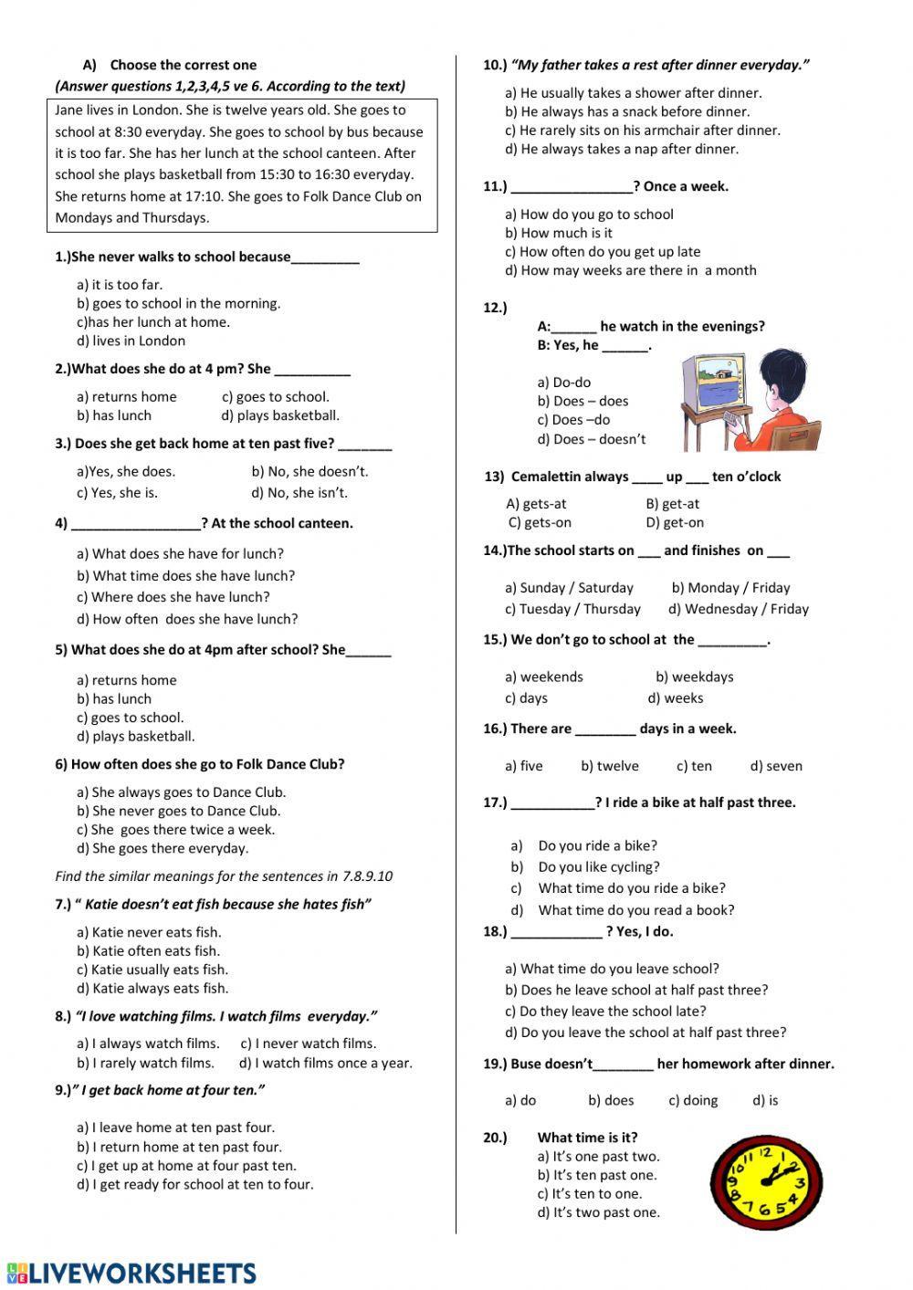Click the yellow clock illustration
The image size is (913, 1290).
(x=760, y=1184)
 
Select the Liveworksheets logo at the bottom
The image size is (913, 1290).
(x=131, y=1273)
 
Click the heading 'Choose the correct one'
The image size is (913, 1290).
(x=183, y=65)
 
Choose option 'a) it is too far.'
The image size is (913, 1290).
(x=120, y=285)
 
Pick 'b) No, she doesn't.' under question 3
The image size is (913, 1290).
(x=310, y=471)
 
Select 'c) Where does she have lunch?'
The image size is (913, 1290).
(x=173, y=597)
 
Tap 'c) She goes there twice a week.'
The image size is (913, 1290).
(x=175, y=830)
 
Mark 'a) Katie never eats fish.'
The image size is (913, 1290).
(x=149, y=932)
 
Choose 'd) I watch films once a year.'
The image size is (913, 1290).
(x=325, y=1063)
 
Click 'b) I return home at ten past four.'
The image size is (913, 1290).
(x=179, y=1147)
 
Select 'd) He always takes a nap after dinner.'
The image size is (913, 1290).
(x=622, y=149)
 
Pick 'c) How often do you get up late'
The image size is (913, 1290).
(x=603, y=252)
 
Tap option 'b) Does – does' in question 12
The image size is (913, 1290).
(x=582, y=401)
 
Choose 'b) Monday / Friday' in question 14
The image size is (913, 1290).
(x=730, y=588)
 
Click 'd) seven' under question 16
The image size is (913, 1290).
(x=776, y=766)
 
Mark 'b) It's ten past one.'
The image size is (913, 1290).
(x=597, y=1175)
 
